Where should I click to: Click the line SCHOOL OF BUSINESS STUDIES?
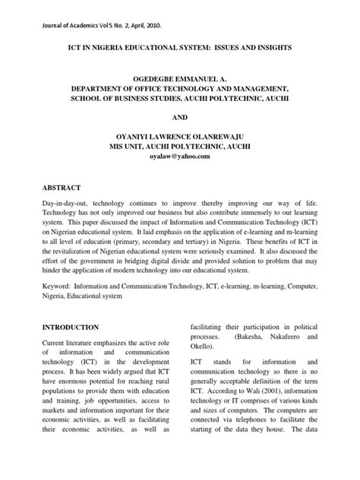125,99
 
